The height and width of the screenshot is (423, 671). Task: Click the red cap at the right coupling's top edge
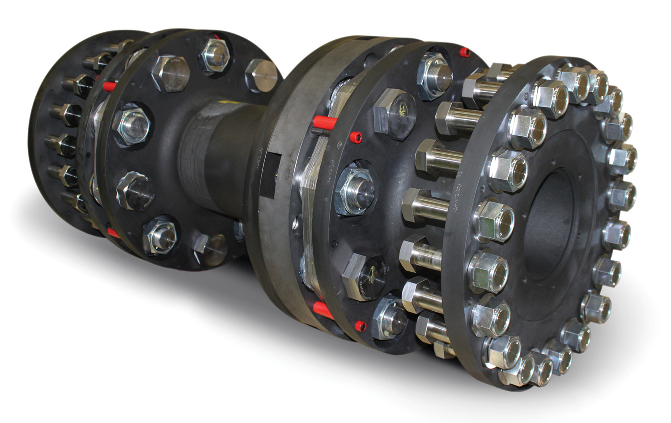[x=465, y=52]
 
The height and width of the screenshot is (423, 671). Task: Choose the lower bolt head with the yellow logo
[x=364, y=276]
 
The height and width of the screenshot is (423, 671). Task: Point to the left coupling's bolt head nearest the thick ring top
[x=262, y=75]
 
